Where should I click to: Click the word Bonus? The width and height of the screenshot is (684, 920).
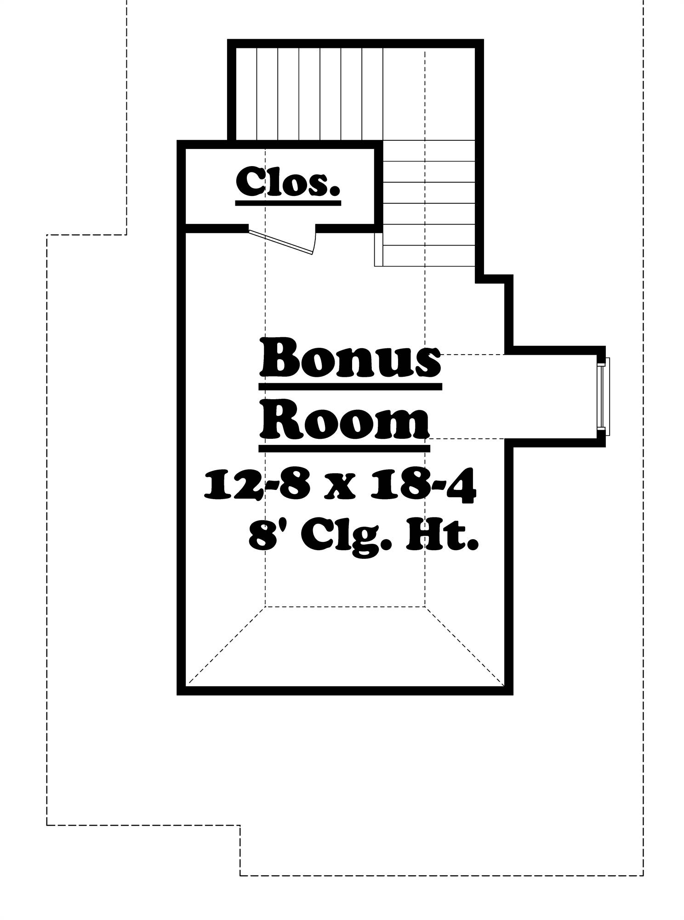350,358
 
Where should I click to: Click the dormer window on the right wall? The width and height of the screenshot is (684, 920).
604,396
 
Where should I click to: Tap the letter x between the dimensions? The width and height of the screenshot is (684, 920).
339,489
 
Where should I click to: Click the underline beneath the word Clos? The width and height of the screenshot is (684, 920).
288,202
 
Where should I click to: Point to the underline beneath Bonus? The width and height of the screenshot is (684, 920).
350,387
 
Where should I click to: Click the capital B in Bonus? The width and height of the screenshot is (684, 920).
279,358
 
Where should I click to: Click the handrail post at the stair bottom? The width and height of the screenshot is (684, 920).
378,249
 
